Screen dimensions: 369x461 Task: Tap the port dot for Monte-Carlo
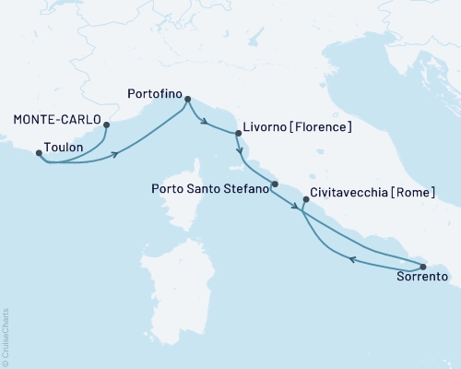pyautogui.click(x=107, y=125)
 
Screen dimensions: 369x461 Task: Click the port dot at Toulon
pyautogui.click(x=39, y=153)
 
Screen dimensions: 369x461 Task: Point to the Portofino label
pyautogui.click(x=153, y=91)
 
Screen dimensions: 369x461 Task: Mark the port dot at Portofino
pyautogui.click(x=187, y=99)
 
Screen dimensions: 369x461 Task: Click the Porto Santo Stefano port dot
pyautogui.click(x=275, y=184)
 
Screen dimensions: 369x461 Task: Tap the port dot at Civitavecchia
pyautogui.click(x=305, y=198)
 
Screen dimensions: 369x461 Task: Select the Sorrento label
pyautogui.click(x=421, y=276)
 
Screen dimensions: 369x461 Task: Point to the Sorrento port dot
pyautogui.click(x=423, y=267)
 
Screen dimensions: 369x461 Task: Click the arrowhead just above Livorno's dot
pyautogui.click(x=239, y=149)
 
